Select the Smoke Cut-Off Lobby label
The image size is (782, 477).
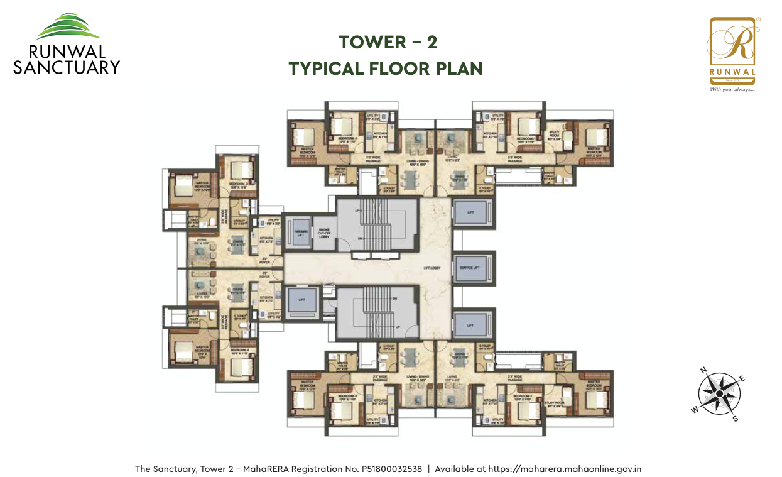coord(324,233)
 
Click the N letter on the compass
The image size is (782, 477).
coord(703,370)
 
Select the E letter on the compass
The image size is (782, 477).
coord(742,378)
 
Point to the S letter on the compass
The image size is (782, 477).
coord(736,419)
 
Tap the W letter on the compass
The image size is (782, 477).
coord(695,410)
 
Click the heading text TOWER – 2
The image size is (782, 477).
coord(388,42)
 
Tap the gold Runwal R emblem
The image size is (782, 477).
coord(732,45)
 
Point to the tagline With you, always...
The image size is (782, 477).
coord(732,90)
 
